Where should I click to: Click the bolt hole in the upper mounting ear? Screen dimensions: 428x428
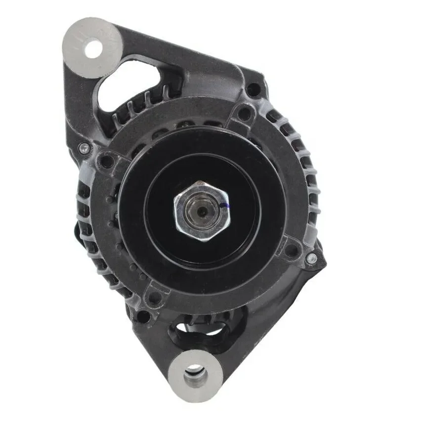tap(92, 48)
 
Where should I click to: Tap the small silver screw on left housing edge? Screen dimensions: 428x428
tap(85, 147)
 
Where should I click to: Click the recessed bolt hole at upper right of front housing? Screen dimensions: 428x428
tap(244, 114)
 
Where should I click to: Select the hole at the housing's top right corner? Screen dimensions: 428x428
tap(254, 90)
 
